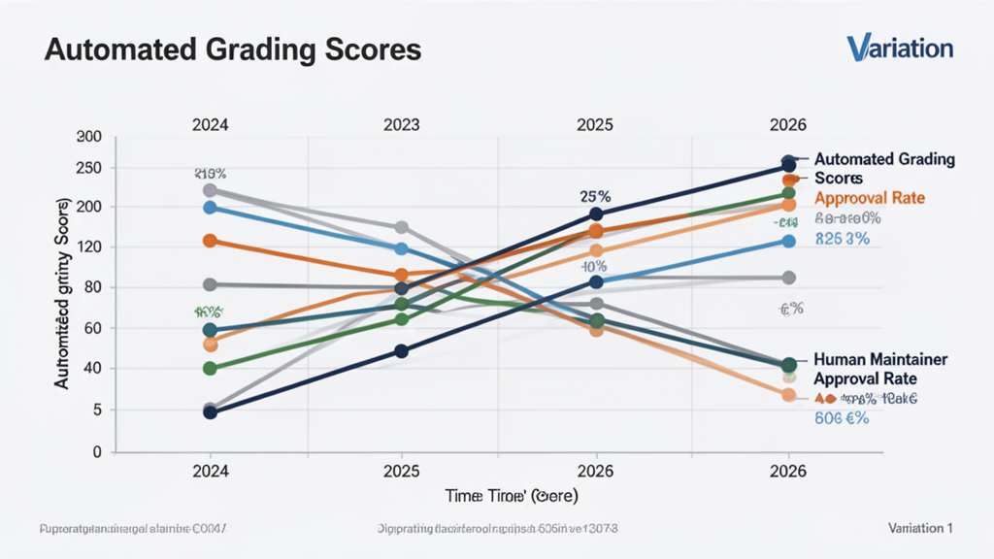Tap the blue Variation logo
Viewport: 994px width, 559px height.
[x=899, y=48]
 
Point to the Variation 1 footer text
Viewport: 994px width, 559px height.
[x=919, y=528]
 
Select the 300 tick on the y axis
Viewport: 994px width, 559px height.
[x=88, y=138]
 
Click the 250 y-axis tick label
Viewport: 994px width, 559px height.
[x=88, y=168]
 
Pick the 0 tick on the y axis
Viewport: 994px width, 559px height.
[x=96, y=452]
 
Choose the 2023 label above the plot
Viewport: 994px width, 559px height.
[x=401, y=125]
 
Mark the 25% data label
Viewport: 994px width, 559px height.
[x=595, y=195]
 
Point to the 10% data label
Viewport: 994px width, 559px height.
[x=594, y=266]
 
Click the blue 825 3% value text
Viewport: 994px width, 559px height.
[x=843, y=240]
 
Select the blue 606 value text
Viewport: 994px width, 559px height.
[x=841, y=419]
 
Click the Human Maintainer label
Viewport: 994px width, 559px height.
[x=879, y=359]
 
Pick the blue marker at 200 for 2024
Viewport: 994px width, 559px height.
[x=211, y=208]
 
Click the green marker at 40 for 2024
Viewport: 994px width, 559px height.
[x=211, y=368]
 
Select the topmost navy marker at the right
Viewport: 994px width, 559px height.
[x=789, y=165]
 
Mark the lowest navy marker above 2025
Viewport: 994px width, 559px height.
[x=402, y=351]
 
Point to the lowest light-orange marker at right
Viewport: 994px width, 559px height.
[x=789, y=395]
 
